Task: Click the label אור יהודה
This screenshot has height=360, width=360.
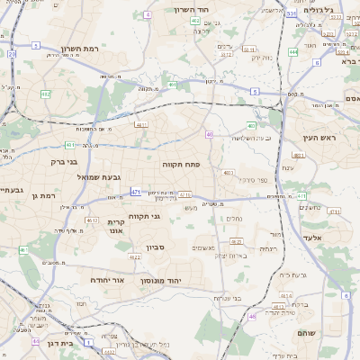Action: tap(106, 280)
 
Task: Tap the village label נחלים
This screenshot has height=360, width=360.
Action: tap(231, 219)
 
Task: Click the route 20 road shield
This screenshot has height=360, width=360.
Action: tap(12, 54)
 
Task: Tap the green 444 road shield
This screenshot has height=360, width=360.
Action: tap(294, 52)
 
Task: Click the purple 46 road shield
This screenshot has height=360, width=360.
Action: tap(253, 316)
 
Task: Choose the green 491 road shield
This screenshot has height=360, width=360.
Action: tap(171, 85)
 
